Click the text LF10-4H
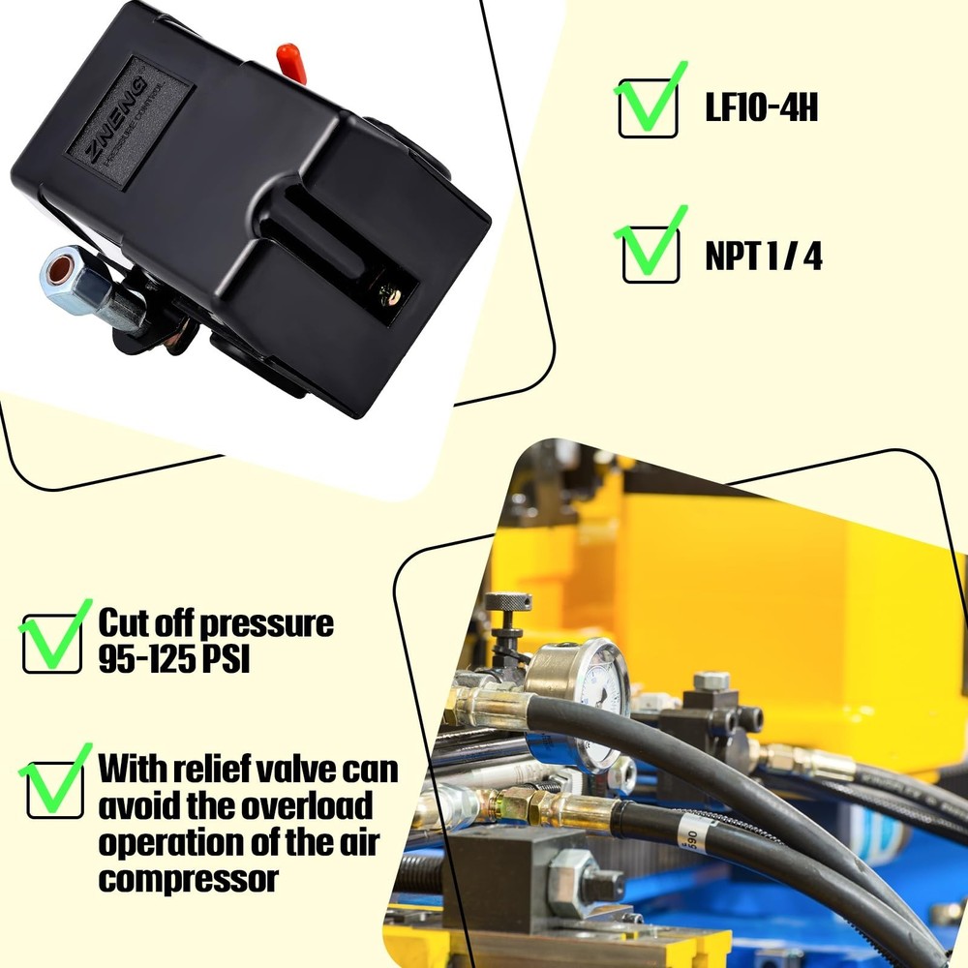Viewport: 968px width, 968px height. [x=761, y=108]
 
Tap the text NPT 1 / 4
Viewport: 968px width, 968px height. [x=763, y=257]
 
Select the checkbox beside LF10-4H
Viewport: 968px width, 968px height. [x=648, y=107]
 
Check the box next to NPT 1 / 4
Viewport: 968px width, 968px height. [x=650, y=254]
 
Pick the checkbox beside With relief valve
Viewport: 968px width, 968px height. [x=52, y=787]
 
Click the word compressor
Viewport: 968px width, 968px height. [x=188, y=879]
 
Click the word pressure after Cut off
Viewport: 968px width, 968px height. [x=272, y=623]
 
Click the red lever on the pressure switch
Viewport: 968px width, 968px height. [x=289, y=59]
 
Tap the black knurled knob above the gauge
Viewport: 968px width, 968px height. [x=508, y=602]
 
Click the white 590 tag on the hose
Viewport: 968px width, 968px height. [x=689, y=826]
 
